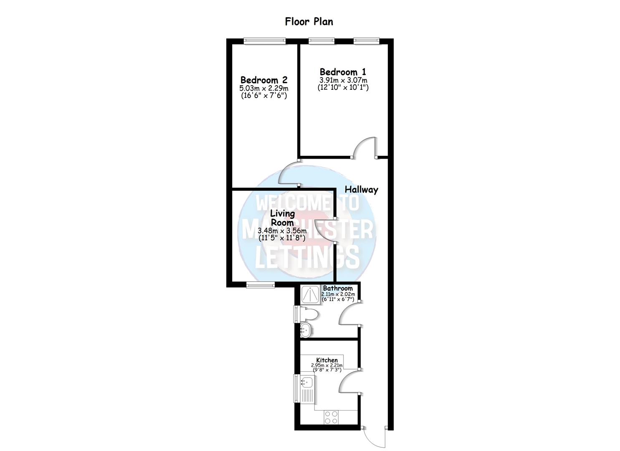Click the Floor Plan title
[x=309, y=21]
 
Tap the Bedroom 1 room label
[x=343, y=72]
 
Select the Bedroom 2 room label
[x=264, y=80]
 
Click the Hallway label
[x=361, y=190]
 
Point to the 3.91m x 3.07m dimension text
[x=343, y=80]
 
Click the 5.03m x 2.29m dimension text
[x=264, y=88]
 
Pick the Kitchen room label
[x=326, y=360]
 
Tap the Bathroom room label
[x=338, y=288]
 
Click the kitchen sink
[x=307, y=382]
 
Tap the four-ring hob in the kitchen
[x=332, y=416]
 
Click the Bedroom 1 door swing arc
[x=364, y=147]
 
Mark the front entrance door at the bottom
[x=375, y=438]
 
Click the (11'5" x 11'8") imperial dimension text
[x=282, y=238]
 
